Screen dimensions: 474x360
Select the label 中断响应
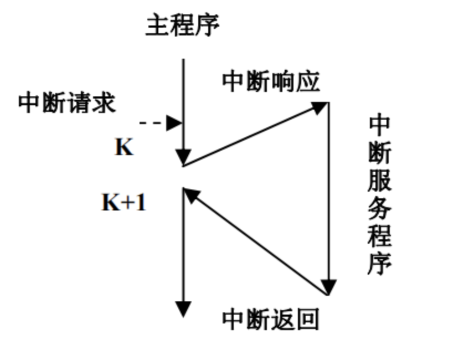coord(271,82)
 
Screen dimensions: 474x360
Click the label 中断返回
coord(271,319)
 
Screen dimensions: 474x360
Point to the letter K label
coord(124,148)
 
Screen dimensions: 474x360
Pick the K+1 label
coord(124,203)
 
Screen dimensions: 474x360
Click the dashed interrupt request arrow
coord(152,123)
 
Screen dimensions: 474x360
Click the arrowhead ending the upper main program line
coord(183,157)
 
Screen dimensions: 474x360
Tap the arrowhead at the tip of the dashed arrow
coord(174,123)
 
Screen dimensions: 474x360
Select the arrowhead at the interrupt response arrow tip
coord(320,106)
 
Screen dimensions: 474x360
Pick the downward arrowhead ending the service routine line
coord(329,287)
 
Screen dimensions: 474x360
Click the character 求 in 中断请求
coord(104,103)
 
